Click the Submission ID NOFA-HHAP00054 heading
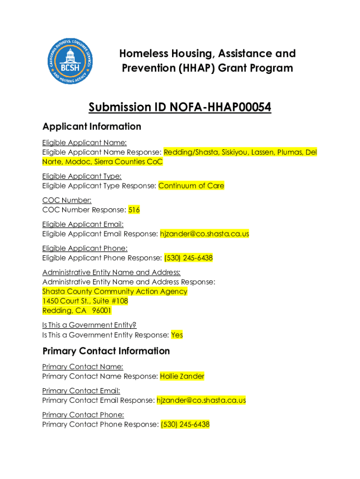click(180, 108)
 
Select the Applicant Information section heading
click(92, 126)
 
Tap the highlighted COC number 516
click(134, 210)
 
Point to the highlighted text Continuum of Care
click(191, 186)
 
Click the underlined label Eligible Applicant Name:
click(85, 143)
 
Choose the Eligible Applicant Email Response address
click(204, 234)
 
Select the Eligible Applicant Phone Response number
click(188, 258)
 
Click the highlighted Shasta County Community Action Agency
click(115, 291)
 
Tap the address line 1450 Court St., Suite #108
click(85, 301)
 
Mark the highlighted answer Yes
click(177, 335)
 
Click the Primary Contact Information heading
click(106, 351)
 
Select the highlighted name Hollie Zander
click(182, 376)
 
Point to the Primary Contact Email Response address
click(201, 400)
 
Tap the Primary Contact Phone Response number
click(185, 424)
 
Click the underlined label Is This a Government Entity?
click(89, 325)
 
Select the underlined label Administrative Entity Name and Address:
click(111, 272)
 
